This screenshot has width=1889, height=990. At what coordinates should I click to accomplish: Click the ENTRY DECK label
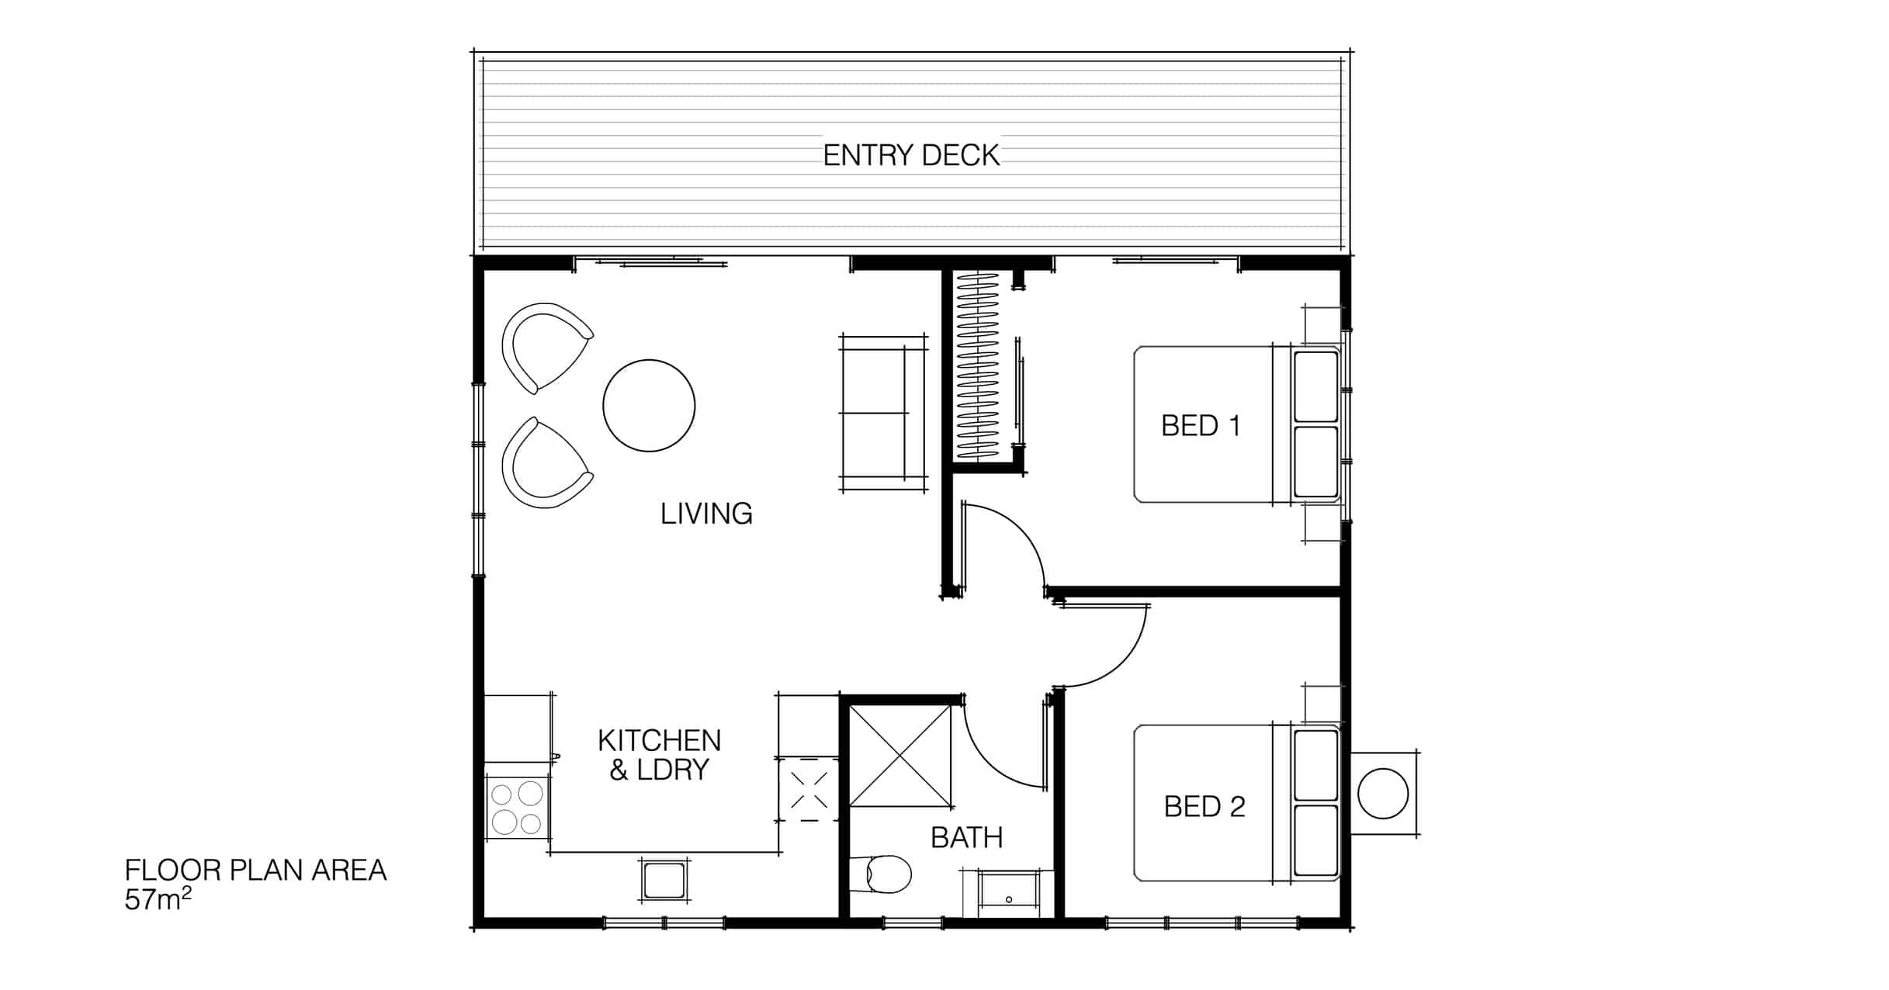coord(911,156)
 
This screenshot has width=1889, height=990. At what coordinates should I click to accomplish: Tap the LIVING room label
coord(706,514)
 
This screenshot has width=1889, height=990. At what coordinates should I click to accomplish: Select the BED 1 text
coord(1201,426)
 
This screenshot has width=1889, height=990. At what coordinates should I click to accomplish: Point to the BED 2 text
coord(1204,807)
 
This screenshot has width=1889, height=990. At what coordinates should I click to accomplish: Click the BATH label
coord(967,838)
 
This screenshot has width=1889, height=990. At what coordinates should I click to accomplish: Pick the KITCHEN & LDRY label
coord(659,755)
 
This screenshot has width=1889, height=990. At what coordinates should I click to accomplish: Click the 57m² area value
coord(158,899)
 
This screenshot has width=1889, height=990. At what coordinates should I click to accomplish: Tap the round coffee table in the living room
coord(649,406)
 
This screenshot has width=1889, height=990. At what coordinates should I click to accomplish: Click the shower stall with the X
coord(900,755)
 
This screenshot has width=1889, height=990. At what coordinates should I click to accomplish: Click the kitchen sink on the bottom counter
coord(664,881)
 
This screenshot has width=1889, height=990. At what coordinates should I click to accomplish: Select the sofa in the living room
coord(883,414)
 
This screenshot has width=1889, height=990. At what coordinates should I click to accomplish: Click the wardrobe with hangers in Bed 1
coord(979,365)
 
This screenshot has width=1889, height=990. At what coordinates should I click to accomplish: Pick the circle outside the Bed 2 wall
coord(1383,794)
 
